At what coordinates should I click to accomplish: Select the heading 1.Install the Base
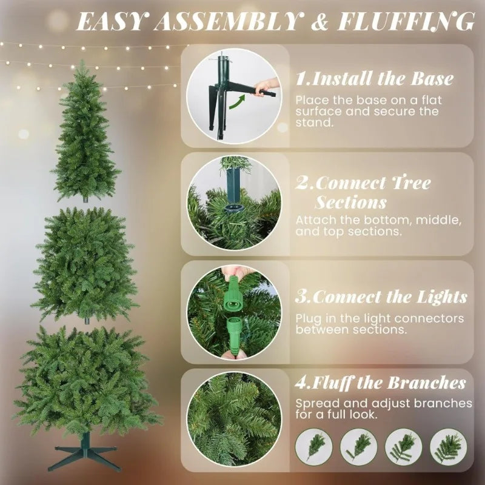pyautogui.click(x=374, y=79)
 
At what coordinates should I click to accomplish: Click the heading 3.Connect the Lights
pyautogui.click(x=381, y=297)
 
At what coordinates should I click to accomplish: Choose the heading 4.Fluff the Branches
pyautogui.click(x=381, y=383)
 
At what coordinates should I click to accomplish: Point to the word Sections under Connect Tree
pyautogui.click(x=350, y=201)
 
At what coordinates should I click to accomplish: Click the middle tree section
pyautogui.click(x=85, y=264)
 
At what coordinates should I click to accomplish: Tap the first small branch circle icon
pyautogui.click(x=313, y=447)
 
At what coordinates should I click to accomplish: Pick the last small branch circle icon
pyautogui.click(x=448, y=447)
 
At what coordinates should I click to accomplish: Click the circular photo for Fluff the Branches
pyautogui.click(x=234, y=418)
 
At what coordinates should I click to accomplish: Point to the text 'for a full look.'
pyautogui.click(x=337, y=415)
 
